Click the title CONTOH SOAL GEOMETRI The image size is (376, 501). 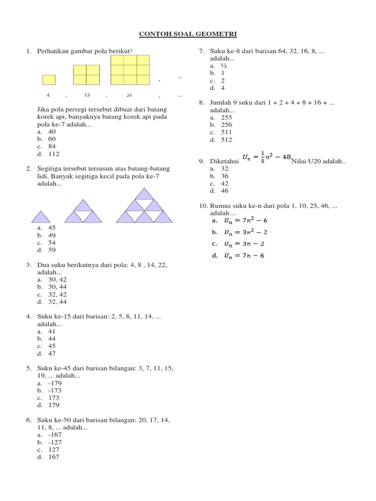(x=188, y=34)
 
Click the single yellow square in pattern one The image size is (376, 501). (x=49, y=80)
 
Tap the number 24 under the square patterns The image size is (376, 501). (x=129, y=95)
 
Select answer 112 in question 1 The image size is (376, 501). (x=53, y=154)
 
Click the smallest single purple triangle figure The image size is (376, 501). (x=41, y=216)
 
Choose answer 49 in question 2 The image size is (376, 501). (x=52, y=235)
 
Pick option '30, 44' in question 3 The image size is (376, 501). (x=57, y=287)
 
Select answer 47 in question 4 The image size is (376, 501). (x=52, y=353)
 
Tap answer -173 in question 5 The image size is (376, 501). (x=55, y=390)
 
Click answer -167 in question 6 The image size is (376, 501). (x=55, y=434)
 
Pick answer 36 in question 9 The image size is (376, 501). (x=224, y=176)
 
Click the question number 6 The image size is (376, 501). (x=29, y=420)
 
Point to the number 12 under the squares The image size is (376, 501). (x=87, y=95)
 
